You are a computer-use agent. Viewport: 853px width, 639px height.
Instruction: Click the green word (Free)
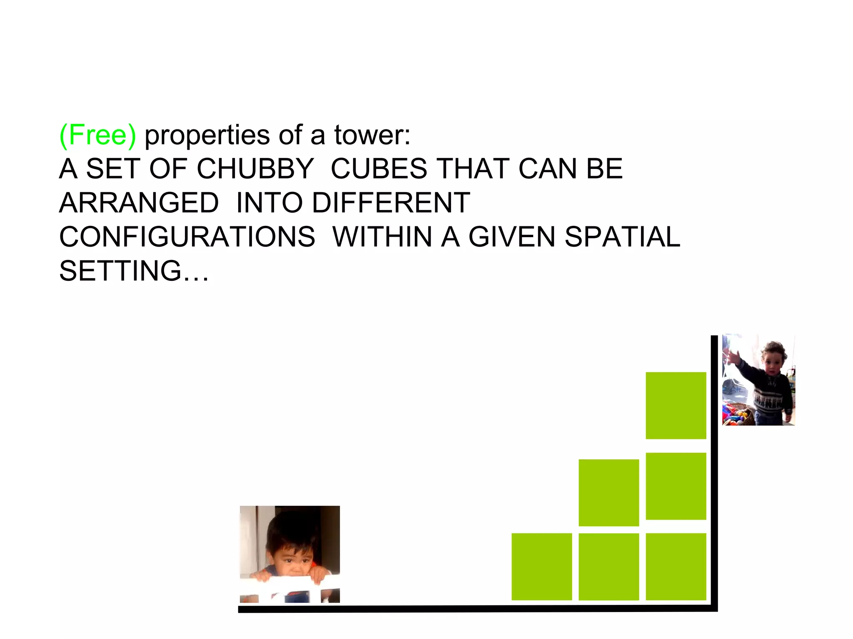pyautogui.click(x=98, y=135)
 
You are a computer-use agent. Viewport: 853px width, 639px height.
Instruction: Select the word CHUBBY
pyautogui.click(x=255, y=169)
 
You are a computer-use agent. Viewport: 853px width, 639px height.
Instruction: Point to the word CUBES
pyautogui.click(x=379, y=169)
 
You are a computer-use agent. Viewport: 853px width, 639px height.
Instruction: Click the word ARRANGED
pyautogui.click(x=139, y=203)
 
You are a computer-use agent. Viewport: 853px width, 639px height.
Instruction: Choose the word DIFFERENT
pyautogui.click(x=391, y=203)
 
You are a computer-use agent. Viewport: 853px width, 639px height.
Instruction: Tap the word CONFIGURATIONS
pyautogui.click(x=187, y=237)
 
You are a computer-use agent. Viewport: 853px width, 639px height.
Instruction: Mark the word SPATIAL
pyautogui.click(x=622, y=237)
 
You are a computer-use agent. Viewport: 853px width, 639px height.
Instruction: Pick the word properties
pyautogui.click(x=207, y=135)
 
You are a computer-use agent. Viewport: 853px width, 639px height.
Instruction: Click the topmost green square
pyautogui.click(x=676, y=405)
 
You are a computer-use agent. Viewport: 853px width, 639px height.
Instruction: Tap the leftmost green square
pyautogui.click(x=541, y=567)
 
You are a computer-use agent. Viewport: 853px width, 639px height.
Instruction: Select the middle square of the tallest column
pyautogui.click(x=676, y=486)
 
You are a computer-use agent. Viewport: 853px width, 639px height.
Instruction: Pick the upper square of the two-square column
pyautogui.click(x=609, y=493)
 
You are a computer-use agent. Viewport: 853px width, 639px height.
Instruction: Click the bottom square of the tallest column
pyautogui.click(x=676, y=567)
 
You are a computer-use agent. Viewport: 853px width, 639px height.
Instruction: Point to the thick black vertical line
pyautogui.click(x=714, y=470)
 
